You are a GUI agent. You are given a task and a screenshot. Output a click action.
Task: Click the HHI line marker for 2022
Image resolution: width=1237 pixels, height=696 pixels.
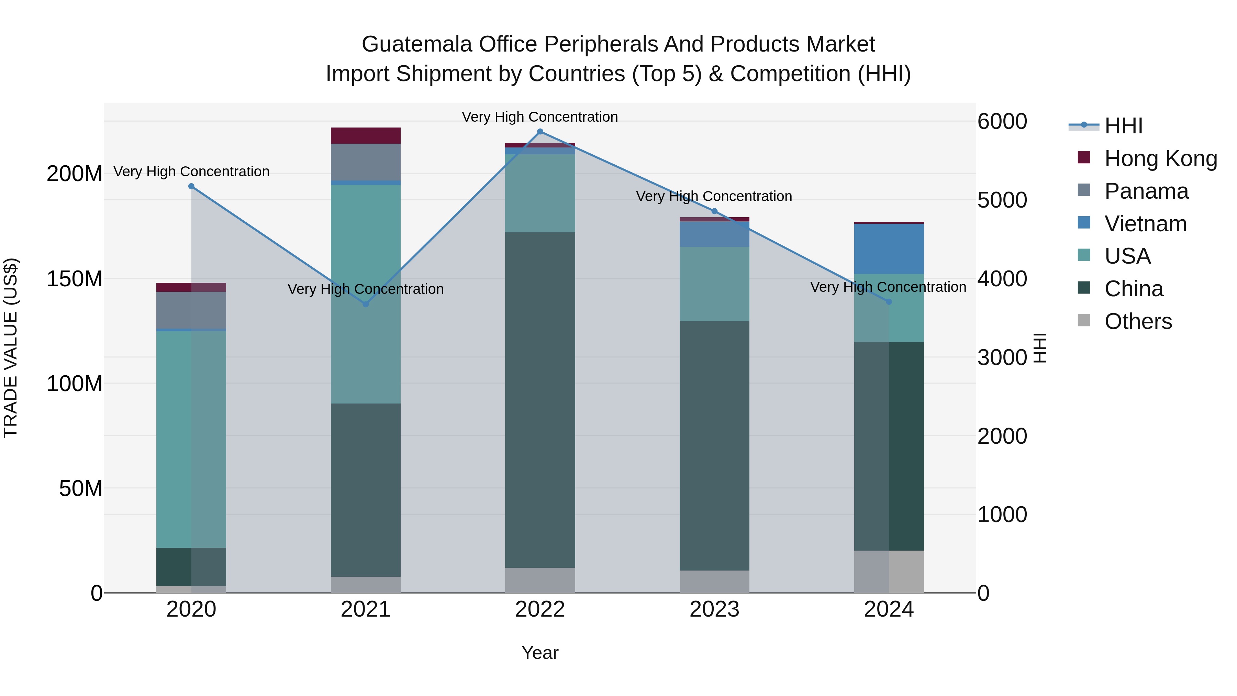540,132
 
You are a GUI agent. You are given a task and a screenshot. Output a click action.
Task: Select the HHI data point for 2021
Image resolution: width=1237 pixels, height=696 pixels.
366,304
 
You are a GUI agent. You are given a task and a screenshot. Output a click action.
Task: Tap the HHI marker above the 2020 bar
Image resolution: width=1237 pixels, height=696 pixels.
191,186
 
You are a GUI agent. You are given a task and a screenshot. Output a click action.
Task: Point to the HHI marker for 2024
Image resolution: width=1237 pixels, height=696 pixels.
888,302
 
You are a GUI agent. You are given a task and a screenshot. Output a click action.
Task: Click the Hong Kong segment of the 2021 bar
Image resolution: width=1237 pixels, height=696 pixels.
366,135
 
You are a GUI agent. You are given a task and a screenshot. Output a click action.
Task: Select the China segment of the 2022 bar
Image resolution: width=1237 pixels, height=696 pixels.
540,400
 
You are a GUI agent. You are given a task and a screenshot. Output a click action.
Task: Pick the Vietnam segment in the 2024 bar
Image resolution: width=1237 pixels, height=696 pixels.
888,249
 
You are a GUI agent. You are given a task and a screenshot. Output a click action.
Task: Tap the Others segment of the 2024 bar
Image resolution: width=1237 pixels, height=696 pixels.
888,572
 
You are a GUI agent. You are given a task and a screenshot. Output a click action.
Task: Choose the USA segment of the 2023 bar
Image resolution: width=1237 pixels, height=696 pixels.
714,284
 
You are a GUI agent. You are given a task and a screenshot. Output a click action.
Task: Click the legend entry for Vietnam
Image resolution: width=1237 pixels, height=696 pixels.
1145,224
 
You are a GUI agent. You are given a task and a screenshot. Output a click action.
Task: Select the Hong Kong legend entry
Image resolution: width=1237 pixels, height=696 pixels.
1160,158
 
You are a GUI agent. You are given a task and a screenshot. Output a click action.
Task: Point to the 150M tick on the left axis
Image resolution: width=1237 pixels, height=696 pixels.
75,279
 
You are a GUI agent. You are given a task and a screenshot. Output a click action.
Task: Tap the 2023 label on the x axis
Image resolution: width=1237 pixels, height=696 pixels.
714,609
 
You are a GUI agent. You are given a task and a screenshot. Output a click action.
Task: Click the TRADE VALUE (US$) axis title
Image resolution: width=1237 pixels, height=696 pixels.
11,348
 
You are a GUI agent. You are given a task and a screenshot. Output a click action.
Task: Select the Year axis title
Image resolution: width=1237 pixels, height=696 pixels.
540,653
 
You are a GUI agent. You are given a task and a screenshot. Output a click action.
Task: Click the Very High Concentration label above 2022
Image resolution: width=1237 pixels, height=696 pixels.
540,117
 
